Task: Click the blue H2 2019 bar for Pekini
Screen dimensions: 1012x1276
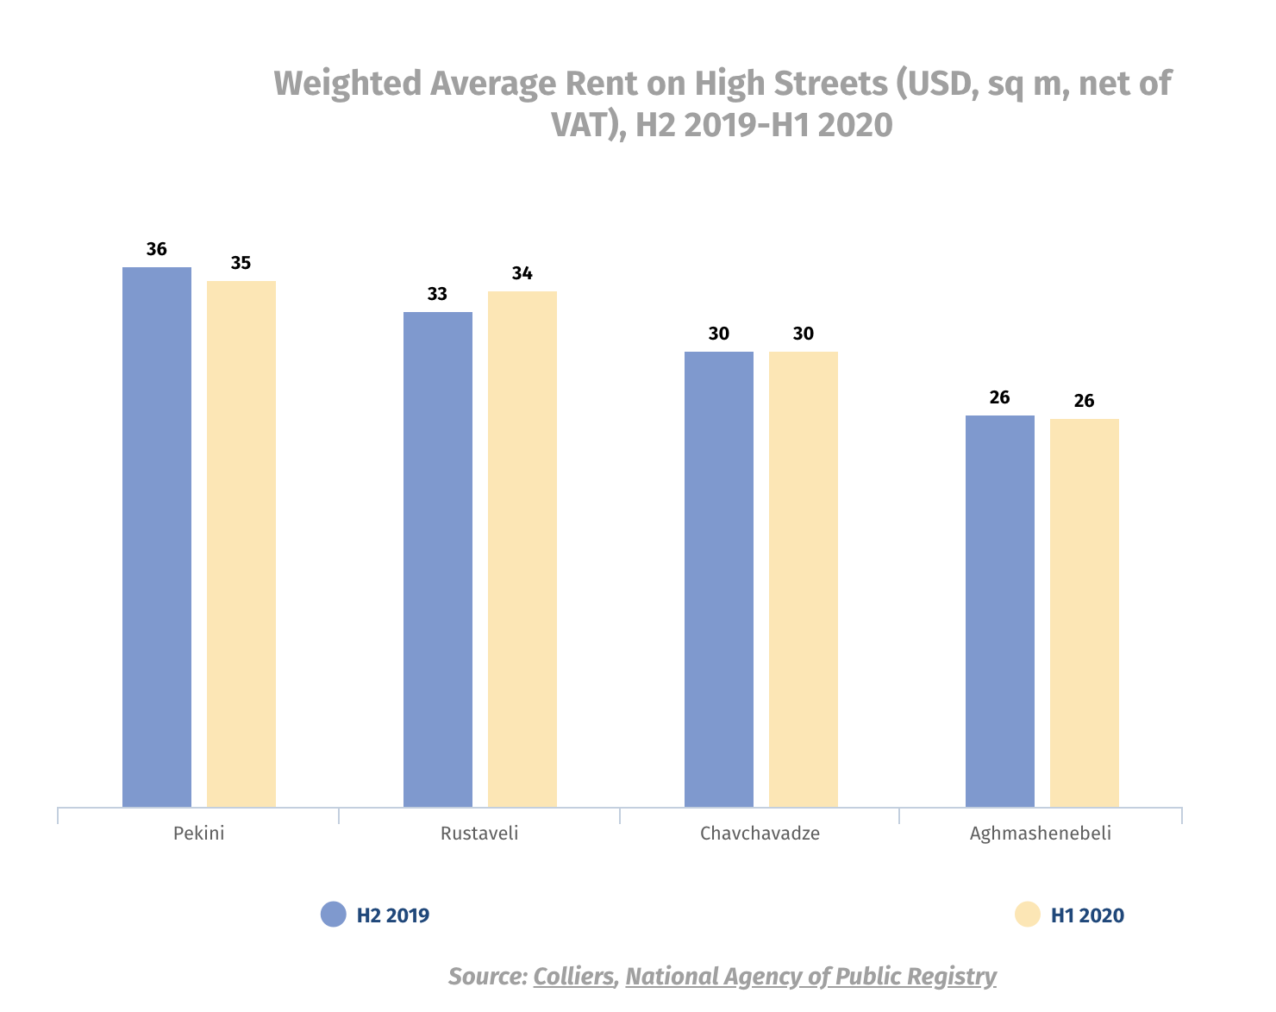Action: (x=157, y=536)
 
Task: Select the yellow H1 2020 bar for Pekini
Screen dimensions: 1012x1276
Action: (x=241, y=543)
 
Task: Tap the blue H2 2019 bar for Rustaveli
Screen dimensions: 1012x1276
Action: (x=438, y=559)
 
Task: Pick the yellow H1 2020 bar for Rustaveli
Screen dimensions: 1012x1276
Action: (x=522, y=548)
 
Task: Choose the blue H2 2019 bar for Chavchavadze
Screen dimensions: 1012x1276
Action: (x=719, y=578)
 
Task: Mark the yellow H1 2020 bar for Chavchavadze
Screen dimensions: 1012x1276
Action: (x=804, y=578)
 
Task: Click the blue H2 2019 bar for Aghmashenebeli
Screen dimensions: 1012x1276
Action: (x=1000, y=610)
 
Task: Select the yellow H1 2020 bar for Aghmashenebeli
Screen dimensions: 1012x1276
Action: (x=1085, y=612)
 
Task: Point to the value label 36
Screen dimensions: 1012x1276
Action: (x=157, y=249)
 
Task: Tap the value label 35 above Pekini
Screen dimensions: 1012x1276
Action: (x=241, y=263)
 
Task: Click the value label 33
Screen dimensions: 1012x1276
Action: (x=437, y=294)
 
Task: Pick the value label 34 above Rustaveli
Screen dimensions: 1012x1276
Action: (x=522, y=273)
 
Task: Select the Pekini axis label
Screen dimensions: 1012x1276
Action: (x=198, y=834)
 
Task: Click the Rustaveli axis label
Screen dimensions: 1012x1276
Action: (x=479, y=834)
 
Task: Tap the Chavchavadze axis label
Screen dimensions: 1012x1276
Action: (x=760, y=834)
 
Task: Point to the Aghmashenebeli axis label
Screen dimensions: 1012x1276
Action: (x=1040, y=834)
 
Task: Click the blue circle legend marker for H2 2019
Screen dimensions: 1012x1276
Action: (x=333, y=915)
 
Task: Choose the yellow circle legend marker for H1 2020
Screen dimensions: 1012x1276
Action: (x=1028, y=915)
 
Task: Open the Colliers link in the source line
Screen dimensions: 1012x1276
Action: (x=573, y=977)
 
